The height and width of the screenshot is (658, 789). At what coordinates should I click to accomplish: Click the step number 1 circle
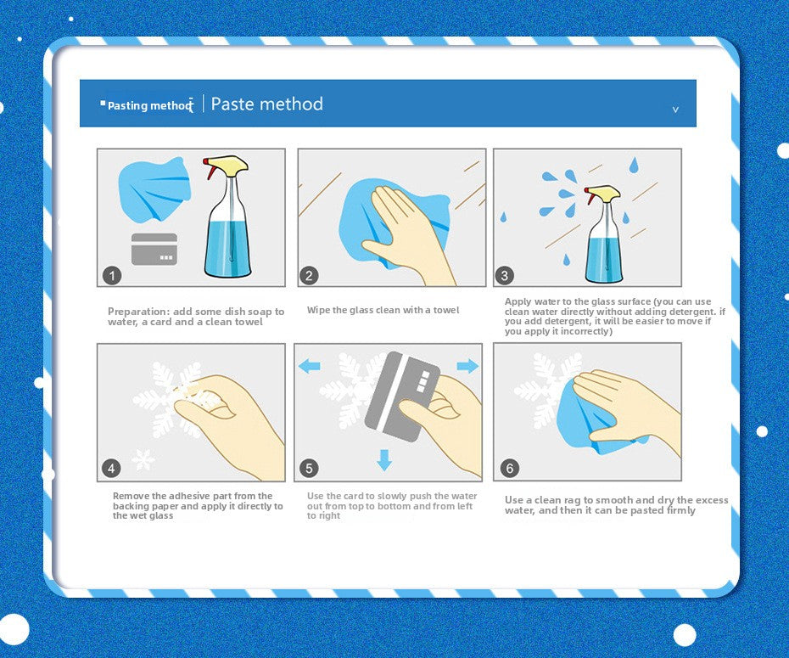point(112,275)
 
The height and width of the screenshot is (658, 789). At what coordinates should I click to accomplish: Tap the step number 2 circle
point(309,275)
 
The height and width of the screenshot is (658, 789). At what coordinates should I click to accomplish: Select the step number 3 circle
point(505,275)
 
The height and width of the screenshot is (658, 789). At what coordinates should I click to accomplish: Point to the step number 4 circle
point(111,468)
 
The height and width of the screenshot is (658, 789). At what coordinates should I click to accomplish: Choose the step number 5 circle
point(309,468)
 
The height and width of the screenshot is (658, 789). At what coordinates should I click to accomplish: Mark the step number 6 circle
point(510,468)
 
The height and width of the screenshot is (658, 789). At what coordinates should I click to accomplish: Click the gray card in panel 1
point(154,250)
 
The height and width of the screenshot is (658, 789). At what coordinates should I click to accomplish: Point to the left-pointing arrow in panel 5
point(310,366)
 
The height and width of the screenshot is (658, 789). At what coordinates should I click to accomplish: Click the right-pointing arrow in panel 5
point(467,366)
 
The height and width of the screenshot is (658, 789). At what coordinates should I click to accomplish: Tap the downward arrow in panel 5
point(384,460)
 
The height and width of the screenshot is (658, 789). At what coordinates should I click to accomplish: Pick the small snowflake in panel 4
point(143,459)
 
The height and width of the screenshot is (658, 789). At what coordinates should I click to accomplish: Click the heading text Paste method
point(266,104)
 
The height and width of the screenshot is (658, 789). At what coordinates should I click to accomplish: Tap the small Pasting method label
point(149,106)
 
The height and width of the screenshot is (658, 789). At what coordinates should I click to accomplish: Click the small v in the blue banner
point(676,110)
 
